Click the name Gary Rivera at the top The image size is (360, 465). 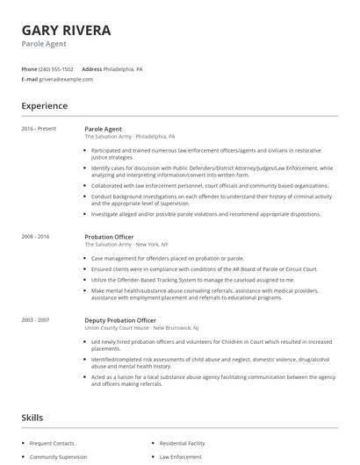pos(67,31)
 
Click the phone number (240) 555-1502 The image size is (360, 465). pos(57,68)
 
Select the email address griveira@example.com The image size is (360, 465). pos(66,79)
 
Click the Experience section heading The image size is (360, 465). pos(45,106)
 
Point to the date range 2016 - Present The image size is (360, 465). pos(39,129)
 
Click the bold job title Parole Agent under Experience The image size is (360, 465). pos(104,129)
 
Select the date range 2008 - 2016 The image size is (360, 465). pos(37,237)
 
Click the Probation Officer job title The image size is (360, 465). pos(111,237)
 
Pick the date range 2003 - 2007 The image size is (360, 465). pos(37,320)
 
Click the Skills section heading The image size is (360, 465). pos(32,417)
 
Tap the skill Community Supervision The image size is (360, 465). pos(60,456)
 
